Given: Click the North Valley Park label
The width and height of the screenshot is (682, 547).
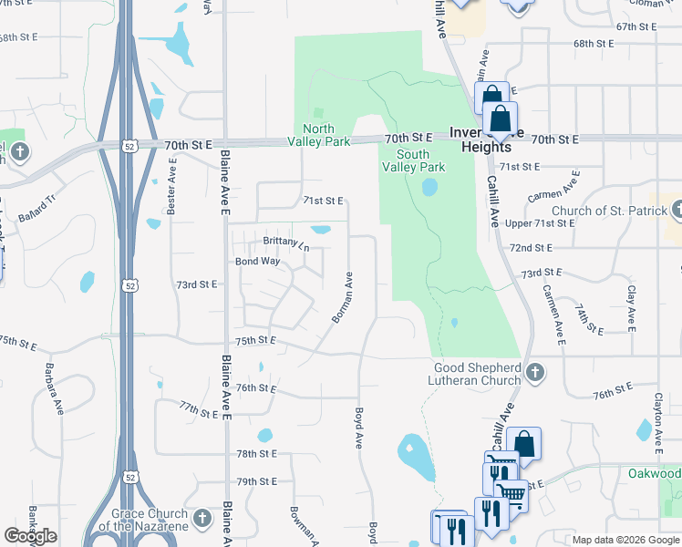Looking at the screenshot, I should click(x=318, y=135).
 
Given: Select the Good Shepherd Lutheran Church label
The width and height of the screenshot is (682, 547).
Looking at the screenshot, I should click(x=477, y=373).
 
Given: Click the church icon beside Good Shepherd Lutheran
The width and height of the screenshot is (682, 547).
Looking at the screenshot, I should click(x=535, y=373).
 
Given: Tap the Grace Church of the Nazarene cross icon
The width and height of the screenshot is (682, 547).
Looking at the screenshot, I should click(x=202, y=520).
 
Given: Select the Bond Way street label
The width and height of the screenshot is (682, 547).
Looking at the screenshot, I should click(x=257, y=262).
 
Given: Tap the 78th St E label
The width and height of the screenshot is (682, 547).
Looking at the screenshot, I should click(x=256, y=453).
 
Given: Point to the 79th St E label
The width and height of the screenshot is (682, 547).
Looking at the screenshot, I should click(x=256, y=481).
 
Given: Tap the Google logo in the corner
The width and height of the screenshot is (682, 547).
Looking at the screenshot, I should click(x=30, y=536).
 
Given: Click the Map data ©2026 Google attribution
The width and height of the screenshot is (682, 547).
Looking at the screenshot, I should click(x=625, y=540).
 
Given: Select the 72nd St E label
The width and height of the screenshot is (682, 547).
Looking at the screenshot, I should click(x=532, y=248).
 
